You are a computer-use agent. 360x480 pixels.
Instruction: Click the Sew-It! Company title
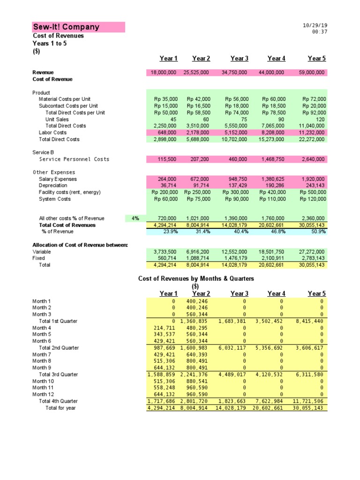tap(66, 27)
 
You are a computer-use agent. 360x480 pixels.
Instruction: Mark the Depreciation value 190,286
tap(275, 186)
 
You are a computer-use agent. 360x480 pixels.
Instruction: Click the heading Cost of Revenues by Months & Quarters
tap(196, 278)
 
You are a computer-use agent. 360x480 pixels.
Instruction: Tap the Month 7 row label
tap(42, 354)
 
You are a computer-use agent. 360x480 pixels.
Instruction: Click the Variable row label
tap(42, 252)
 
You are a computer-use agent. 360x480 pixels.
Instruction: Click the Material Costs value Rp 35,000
tap(165, 99)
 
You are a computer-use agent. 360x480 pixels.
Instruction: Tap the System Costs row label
tap(55, 199)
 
